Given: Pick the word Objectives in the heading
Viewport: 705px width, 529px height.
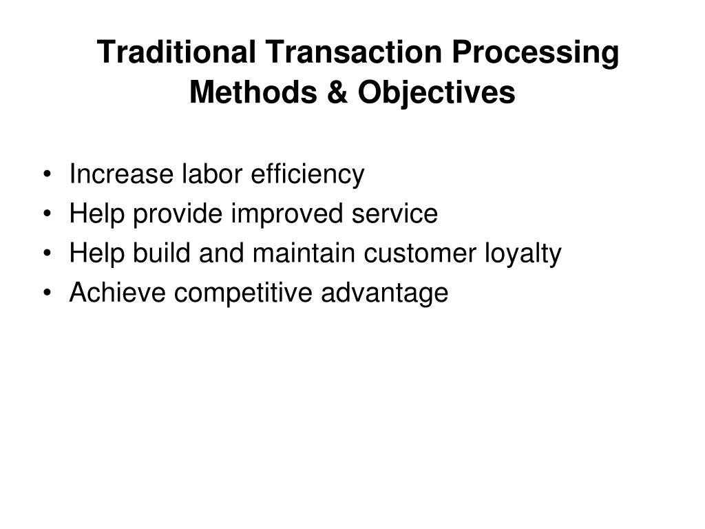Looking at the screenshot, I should point(435,93).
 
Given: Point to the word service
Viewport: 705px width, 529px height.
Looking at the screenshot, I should point(395,214).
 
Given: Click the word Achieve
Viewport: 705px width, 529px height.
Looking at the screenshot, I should point(118,293).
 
